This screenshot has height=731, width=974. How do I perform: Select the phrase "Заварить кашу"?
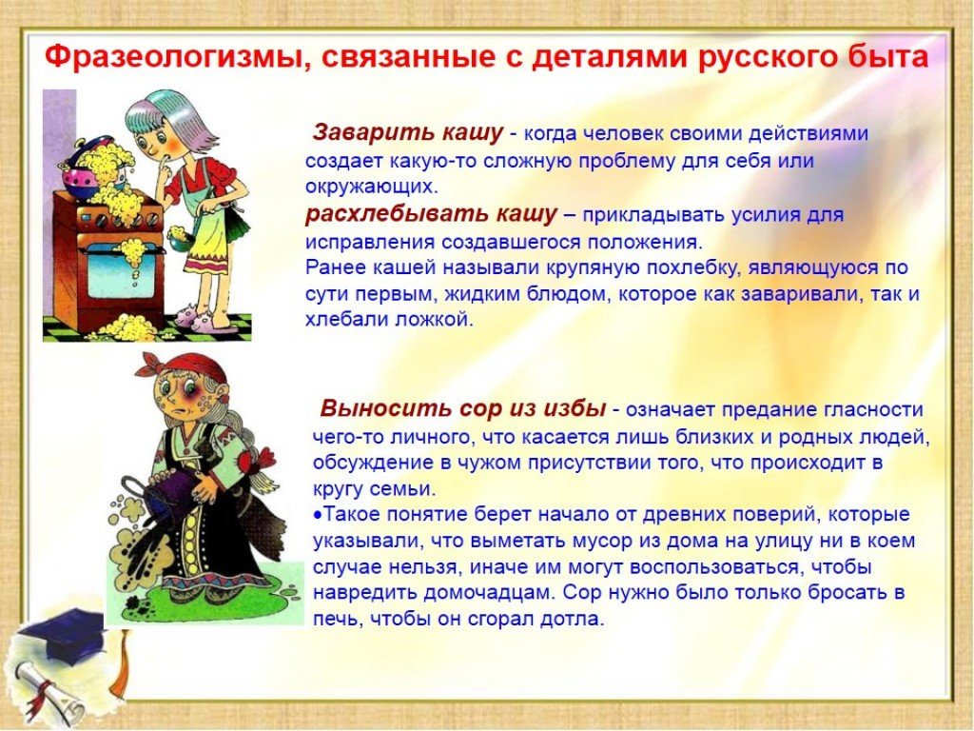[407, 133]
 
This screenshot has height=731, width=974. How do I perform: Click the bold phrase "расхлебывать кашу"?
[431, 214]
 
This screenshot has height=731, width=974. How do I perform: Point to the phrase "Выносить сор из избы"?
[463, 409]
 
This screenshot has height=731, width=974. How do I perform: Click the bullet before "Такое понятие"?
[318, 515]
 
